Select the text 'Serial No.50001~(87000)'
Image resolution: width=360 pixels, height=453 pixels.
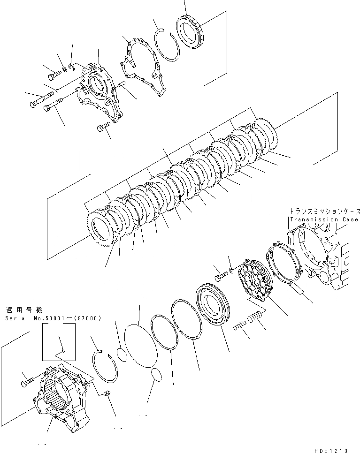click(54, 318)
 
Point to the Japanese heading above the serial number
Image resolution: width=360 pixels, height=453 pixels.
click(24, 310)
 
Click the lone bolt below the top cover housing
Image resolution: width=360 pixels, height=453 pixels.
click(103, 127)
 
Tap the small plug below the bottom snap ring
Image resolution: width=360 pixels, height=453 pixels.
click(107, 394)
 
